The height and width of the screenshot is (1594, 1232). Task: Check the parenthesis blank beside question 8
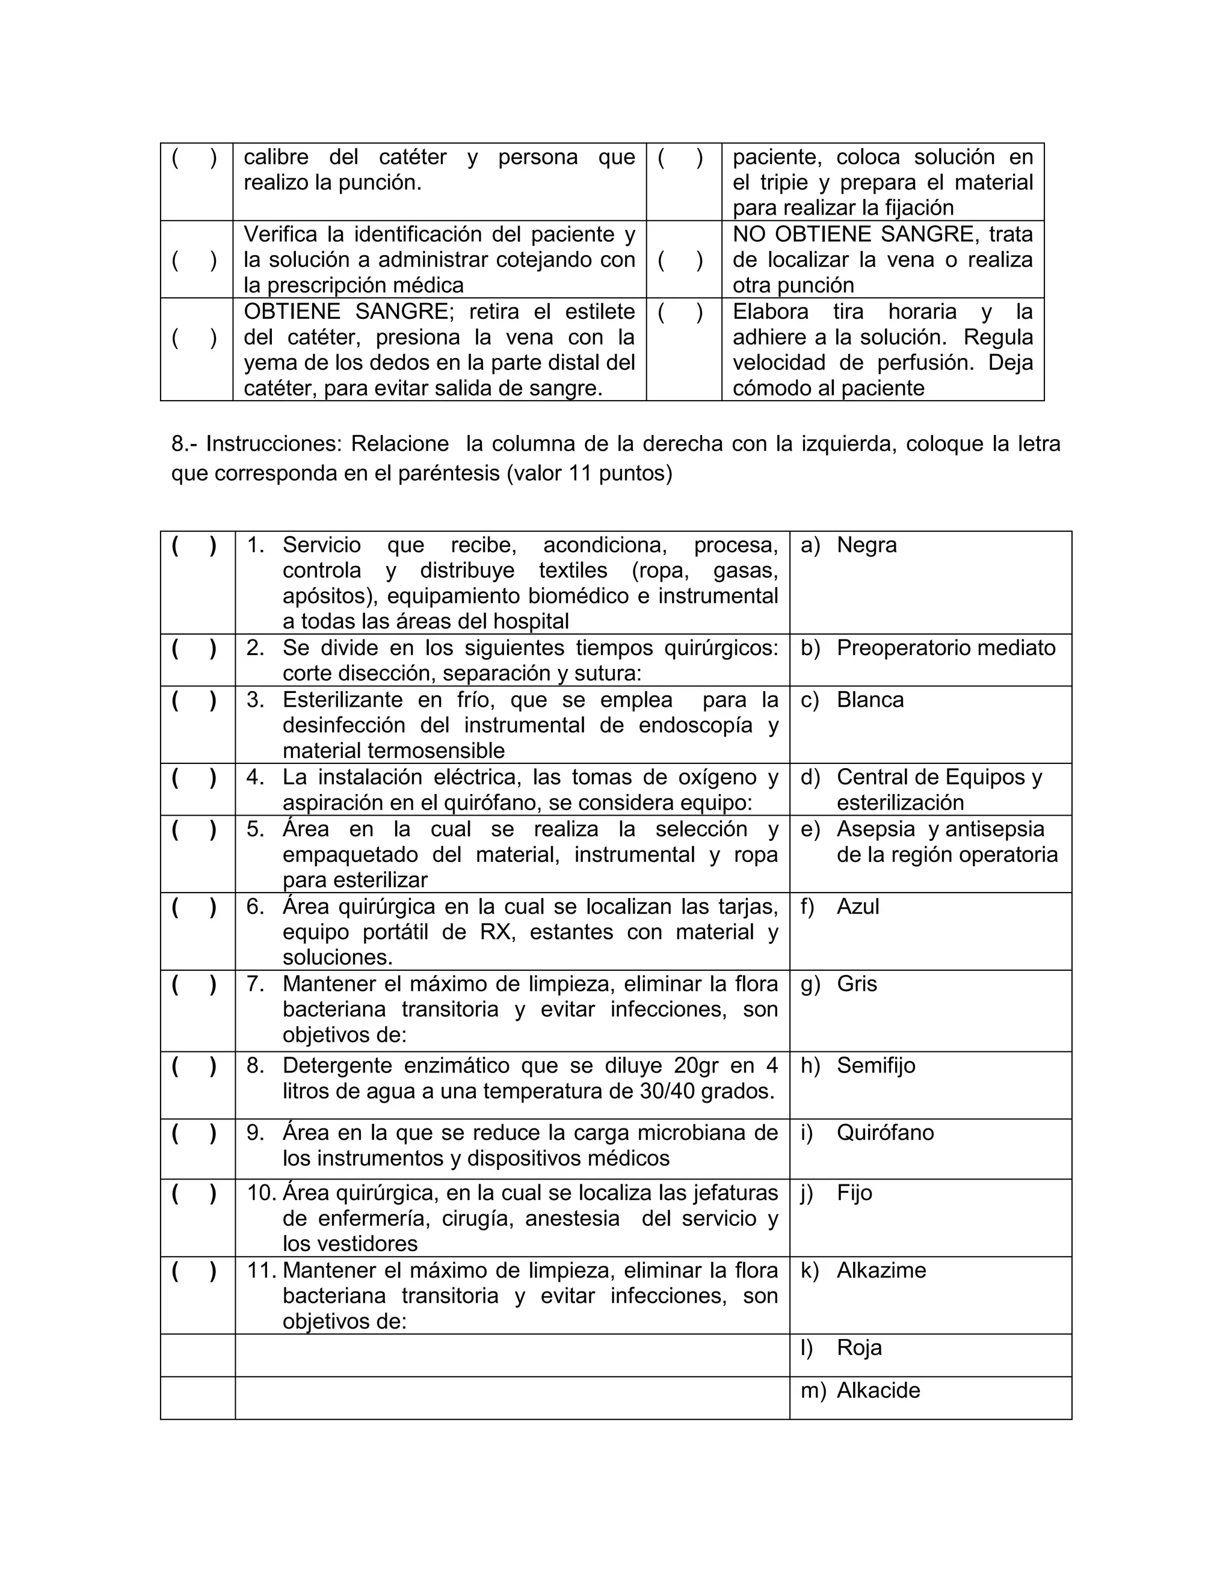pos(194,1066)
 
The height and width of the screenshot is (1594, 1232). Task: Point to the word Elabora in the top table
pos(770,312)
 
